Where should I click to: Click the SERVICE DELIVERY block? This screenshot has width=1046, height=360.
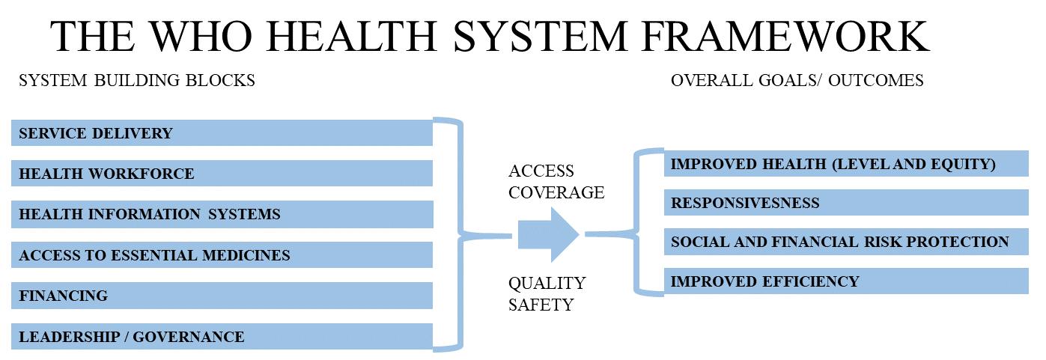(222, 133)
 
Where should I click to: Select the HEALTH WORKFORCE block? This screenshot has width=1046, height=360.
(222, 174)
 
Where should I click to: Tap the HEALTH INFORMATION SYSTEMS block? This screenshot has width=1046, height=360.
(222, 214)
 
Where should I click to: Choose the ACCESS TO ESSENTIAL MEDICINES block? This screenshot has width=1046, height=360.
(222, 255)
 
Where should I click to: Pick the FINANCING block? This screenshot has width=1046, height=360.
(222, 296)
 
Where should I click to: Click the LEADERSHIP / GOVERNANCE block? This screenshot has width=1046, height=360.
(222, 337)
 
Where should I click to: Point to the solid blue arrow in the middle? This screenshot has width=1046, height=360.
(550, 234)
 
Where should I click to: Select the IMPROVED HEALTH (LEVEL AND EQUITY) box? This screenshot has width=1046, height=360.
(845, 164)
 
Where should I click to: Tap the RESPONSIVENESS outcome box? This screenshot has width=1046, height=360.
(845, 203)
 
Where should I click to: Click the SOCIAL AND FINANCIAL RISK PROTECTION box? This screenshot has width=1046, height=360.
(845, 242)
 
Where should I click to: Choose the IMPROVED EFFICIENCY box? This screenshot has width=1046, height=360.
(845, 281)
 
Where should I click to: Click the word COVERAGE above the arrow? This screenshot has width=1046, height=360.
(556, 192)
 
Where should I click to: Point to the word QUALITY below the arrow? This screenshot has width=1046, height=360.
(547, 284)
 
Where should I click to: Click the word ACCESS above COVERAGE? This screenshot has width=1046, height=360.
(541, 171)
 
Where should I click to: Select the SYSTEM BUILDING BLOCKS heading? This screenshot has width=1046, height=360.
(136, 80)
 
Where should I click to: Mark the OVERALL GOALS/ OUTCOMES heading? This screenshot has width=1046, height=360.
(797, 80)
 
